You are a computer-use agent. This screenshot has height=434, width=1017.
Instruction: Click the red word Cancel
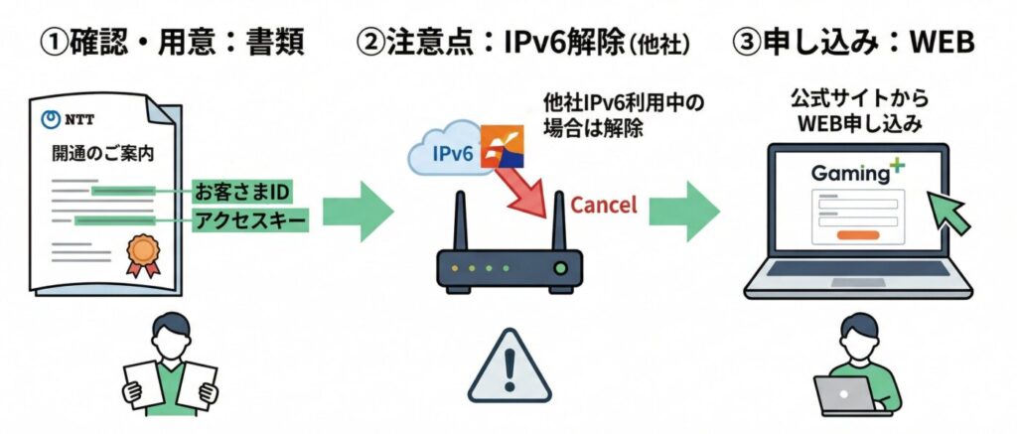pyautogui.click(x=604, y=206)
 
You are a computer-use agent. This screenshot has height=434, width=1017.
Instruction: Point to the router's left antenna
pyautogui.click(x=461, y=223)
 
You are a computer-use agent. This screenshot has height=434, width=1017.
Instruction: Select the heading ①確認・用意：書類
pyautogui.click(x=169, y=45)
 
